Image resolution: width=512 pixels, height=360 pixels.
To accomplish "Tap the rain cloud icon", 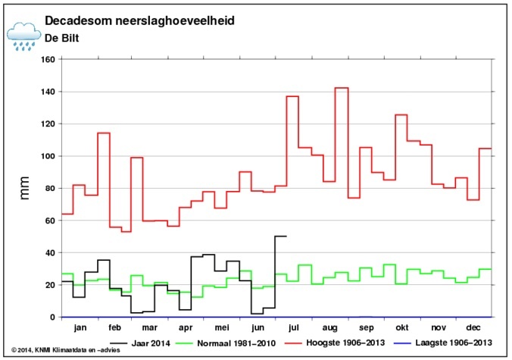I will click(23, 35).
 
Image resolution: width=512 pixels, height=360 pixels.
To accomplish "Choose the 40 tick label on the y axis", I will click(48, 252).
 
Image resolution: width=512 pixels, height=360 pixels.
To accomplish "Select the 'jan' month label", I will click(80, 328).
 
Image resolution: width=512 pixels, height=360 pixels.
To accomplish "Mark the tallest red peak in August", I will click(342, 88).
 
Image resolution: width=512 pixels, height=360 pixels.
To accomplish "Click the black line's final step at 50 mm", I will click(280, 236).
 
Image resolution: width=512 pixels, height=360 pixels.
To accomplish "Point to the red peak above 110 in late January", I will click(104, 133).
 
